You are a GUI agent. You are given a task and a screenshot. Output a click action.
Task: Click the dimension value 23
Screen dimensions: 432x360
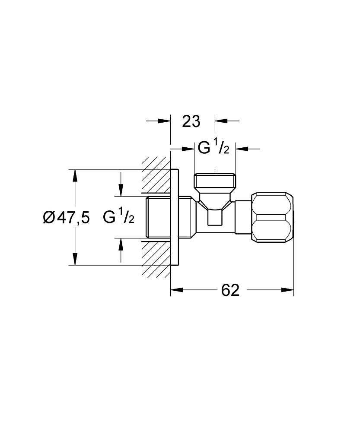point(191,121)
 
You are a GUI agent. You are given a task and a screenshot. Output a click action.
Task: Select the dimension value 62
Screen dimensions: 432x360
point(230,290)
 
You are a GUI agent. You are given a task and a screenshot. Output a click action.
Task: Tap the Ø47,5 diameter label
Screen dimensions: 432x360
point(66,218)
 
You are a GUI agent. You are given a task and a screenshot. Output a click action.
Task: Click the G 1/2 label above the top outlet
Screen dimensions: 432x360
point(213,148)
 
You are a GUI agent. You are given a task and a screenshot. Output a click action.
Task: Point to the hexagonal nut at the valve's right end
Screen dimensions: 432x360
point(272,217)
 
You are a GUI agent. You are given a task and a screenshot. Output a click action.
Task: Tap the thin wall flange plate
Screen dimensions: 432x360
point(174,217)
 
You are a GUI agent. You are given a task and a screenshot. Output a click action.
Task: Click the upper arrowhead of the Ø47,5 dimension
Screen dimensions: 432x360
point(75,175)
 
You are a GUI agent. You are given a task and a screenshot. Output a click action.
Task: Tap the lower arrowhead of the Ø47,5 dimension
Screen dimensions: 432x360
point(75,259)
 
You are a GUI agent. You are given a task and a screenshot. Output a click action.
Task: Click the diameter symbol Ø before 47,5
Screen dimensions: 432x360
point(49,218)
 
